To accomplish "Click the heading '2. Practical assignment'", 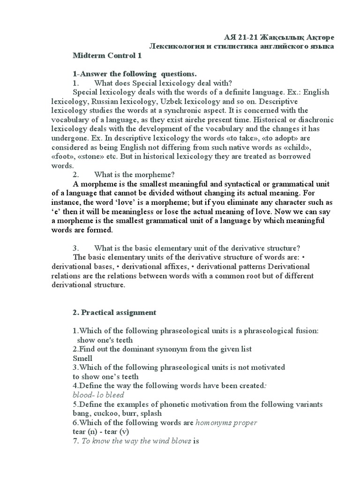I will pyautogui.click(x=115, y=312).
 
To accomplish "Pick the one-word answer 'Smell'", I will pyautogui.click(x=82, y=358).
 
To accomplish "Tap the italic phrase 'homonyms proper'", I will pyautogui.click(x=226, y=422).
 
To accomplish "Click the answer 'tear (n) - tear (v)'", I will pyautogui.click(x=101, y=431).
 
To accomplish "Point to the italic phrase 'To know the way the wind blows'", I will pyautogui.click(x=136, y=441).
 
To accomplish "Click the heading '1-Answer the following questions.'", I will pyautogui.click(x=135, y=74).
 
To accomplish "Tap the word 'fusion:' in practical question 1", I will pyautogui.click(x=306, y=331).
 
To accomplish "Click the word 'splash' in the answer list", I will pyautogui.click(x=150, y=413).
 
